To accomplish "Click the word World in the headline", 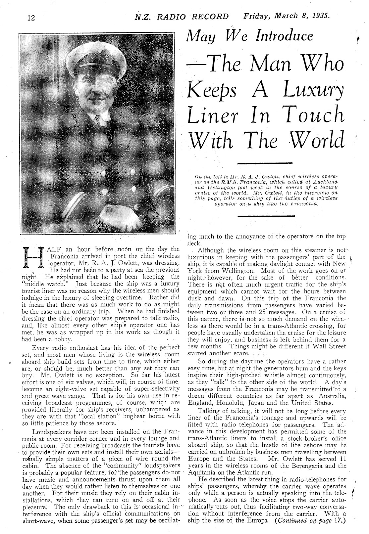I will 315,140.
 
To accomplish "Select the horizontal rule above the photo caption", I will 265,163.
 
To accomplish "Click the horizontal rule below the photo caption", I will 265,216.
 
